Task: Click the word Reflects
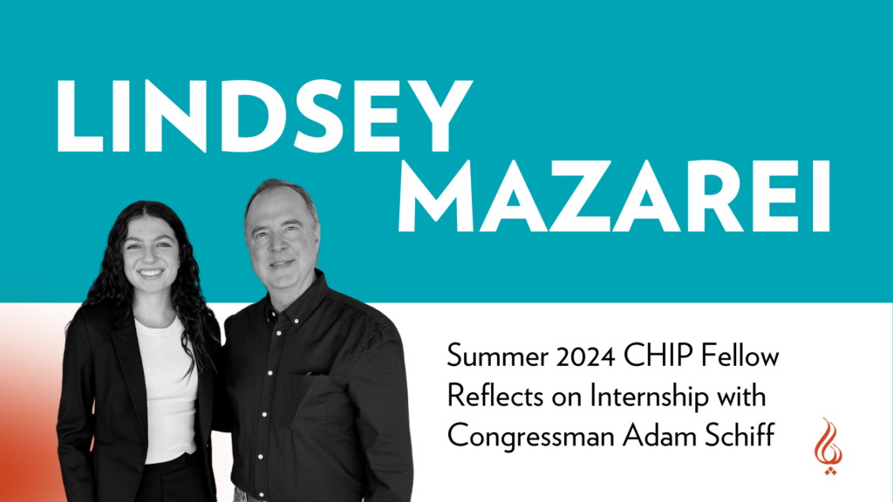click(484, 396)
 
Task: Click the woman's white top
click(165, 383)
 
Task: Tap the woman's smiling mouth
click(151, 272)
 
